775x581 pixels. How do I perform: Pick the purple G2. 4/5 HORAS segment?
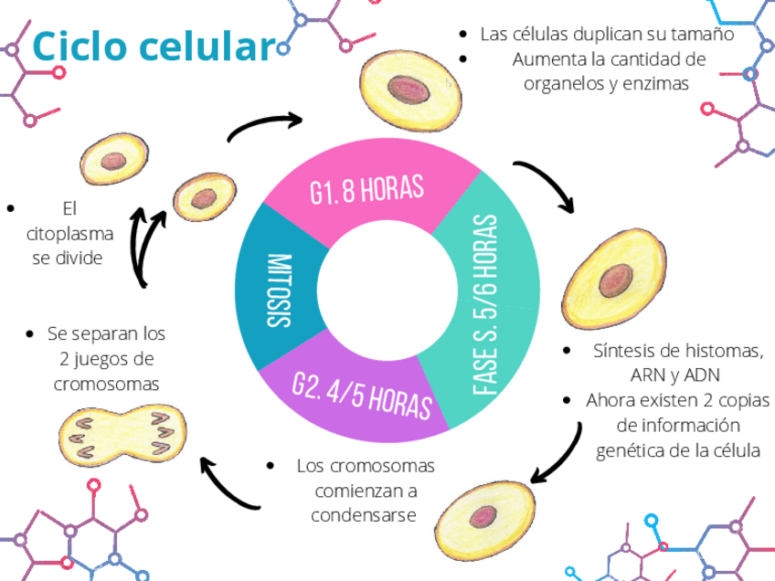[361, 394]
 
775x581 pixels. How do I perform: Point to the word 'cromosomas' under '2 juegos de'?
[106, 384]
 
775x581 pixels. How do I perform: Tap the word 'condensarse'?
[364, 514]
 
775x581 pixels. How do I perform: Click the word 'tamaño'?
[704, 35]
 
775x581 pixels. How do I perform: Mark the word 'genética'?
[630, 450]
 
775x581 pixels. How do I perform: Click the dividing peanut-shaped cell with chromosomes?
[122, 432]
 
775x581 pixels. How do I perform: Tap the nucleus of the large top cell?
[409, 89]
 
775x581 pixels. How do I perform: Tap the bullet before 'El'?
[12, 207]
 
